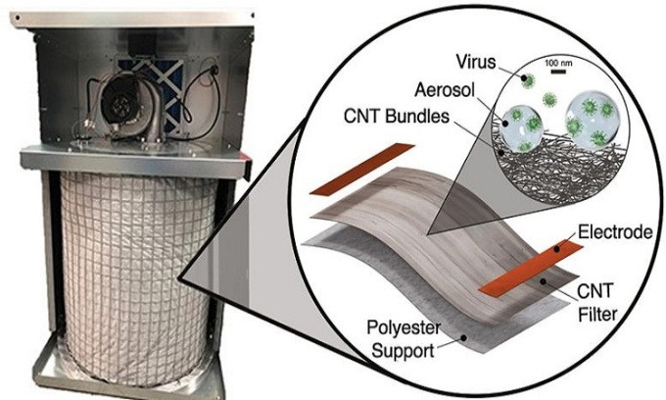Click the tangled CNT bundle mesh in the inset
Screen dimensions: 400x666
pyautogui.click(x=548, y=157)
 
